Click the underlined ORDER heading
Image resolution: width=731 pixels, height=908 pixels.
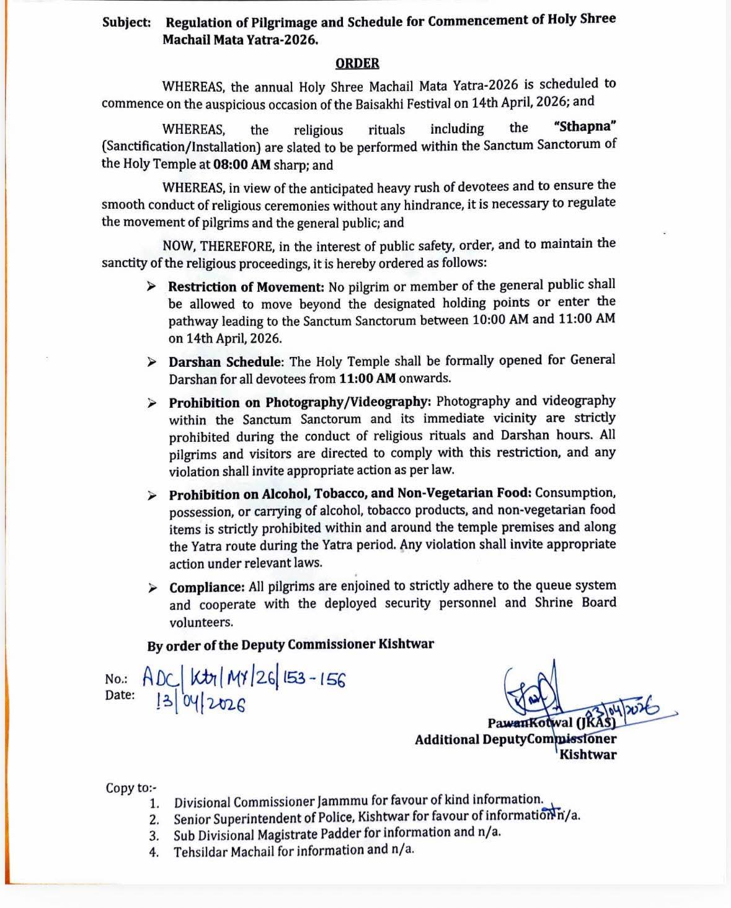click(x=357, y=63)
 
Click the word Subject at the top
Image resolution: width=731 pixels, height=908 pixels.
click(x=126, y=23)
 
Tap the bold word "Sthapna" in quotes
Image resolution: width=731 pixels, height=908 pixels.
click(x=585, y=126)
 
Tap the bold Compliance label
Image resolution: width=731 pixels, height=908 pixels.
click(x=207, y=588)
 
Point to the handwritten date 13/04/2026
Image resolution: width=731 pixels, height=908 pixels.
click(x=201, y=703)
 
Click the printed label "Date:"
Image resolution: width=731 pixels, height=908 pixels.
click(x=120, y=695)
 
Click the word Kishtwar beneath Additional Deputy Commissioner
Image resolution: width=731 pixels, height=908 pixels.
click(x=588, y=755)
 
